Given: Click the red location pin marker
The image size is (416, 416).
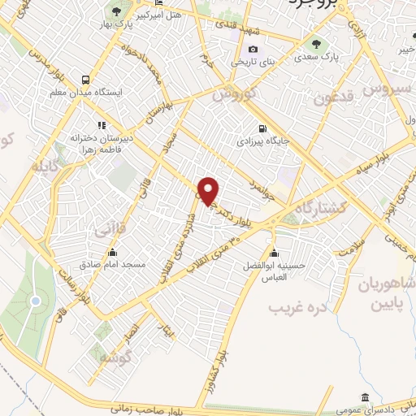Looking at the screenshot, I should (209, 192).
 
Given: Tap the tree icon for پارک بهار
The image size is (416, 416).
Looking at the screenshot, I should (117, 11).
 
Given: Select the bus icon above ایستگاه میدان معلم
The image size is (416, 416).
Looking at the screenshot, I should (85, 80).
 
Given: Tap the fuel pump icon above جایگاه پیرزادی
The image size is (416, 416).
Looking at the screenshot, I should (261, 128).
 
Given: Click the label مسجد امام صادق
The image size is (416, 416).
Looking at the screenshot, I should (112, 265).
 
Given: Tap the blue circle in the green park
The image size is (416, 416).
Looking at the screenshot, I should (35, 301).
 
